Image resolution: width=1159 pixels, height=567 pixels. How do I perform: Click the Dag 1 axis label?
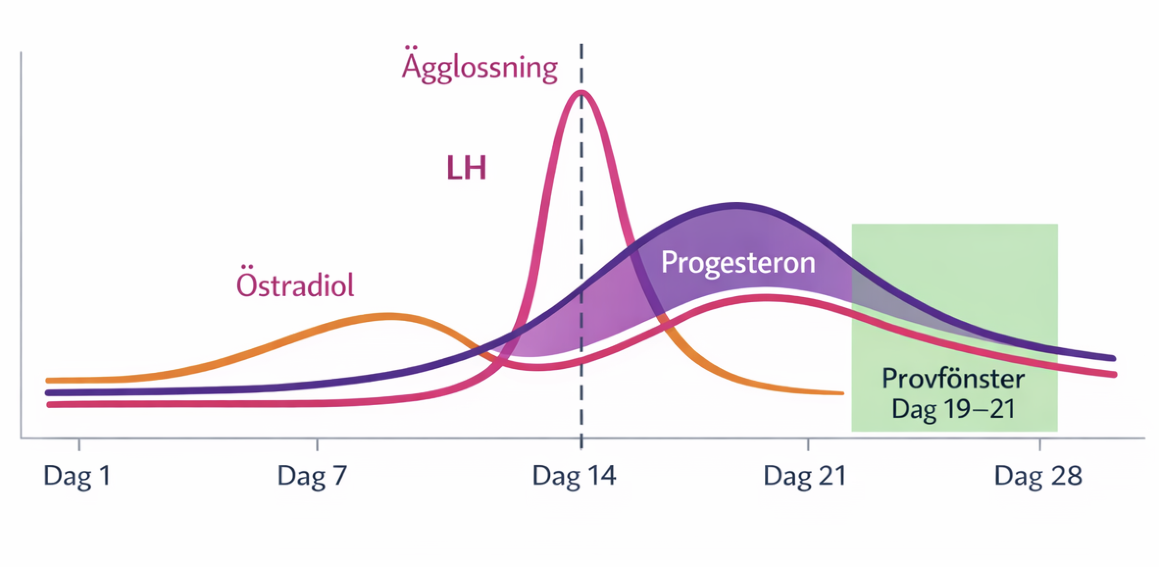[77, 476]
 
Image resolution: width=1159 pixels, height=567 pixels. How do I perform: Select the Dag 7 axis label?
[312, 476]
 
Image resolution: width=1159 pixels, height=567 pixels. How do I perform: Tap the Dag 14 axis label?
[574, 476]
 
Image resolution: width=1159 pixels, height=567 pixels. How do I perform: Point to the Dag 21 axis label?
[805, 476]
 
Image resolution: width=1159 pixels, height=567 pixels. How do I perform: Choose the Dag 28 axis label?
[1038, 476]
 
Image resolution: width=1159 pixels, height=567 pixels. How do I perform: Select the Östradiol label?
[295, 284]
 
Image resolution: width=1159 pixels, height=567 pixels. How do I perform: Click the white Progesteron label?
[738, 263]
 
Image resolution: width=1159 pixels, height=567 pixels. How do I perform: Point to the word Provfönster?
[953, 379]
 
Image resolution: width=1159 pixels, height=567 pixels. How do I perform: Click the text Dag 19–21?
[953, 409]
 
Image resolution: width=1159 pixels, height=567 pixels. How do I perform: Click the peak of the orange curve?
[387, 316]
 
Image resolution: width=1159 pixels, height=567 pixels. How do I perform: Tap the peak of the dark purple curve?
[735, 205]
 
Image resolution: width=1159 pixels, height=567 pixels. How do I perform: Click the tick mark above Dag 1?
[79, 444]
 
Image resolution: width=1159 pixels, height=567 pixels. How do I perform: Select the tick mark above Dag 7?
[317, 444]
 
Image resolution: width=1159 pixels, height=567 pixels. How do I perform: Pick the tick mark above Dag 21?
[808, 444]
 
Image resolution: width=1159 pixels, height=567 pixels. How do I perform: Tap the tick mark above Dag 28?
[1040, 444]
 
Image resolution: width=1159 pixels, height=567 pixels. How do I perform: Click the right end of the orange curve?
[842, 393]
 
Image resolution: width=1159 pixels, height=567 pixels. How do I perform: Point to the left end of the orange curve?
[48, 380]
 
